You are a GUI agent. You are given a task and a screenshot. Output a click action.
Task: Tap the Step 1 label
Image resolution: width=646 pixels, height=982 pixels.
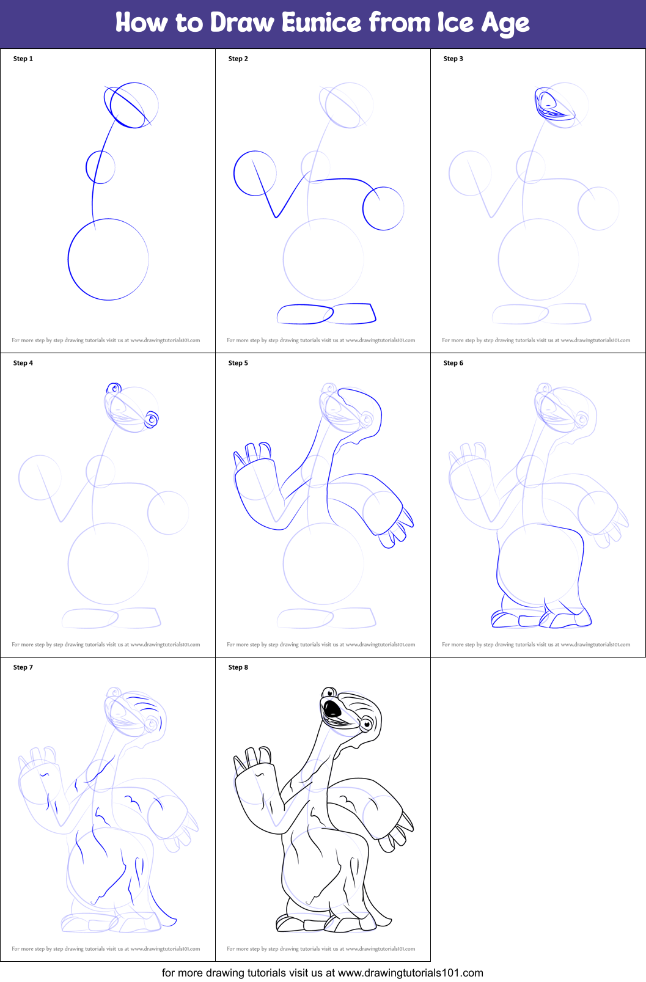23,59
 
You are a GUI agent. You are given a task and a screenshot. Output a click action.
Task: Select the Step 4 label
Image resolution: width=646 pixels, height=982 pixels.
23,363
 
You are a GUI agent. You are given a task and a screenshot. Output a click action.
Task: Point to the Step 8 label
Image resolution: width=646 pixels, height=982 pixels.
238,667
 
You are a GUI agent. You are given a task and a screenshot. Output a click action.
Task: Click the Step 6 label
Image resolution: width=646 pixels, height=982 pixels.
453,363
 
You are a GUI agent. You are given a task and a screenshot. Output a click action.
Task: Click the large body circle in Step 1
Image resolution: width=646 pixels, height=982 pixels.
108,259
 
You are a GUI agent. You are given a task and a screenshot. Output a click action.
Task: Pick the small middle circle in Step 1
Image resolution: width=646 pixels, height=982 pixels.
101,167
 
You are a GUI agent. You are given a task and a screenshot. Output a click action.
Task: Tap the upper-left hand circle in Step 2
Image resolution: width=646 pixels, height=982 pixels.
255,174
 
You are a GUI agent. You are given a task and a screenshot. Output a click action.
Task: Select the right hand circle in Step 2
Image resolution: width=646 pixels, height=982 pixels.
383,208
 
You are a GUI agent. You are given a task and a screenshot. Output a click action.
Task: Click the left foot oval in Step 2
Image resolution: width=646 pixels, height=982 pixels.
305,314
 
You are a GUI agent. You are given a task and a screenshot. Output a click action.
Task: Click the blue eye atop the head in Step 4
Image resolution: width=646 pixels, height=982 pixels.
114,389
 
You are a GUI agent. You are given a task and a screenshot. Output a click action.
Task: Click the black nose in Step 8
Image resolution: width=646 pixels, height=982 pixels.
332,709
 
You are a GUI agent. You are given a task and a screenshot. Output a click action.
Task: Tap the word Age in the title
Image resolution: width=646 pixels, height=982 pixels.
505,23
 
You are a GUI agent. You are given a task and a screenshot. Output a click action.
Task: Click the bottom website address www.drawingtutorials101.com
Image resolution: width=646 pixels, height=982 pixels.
410,972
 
